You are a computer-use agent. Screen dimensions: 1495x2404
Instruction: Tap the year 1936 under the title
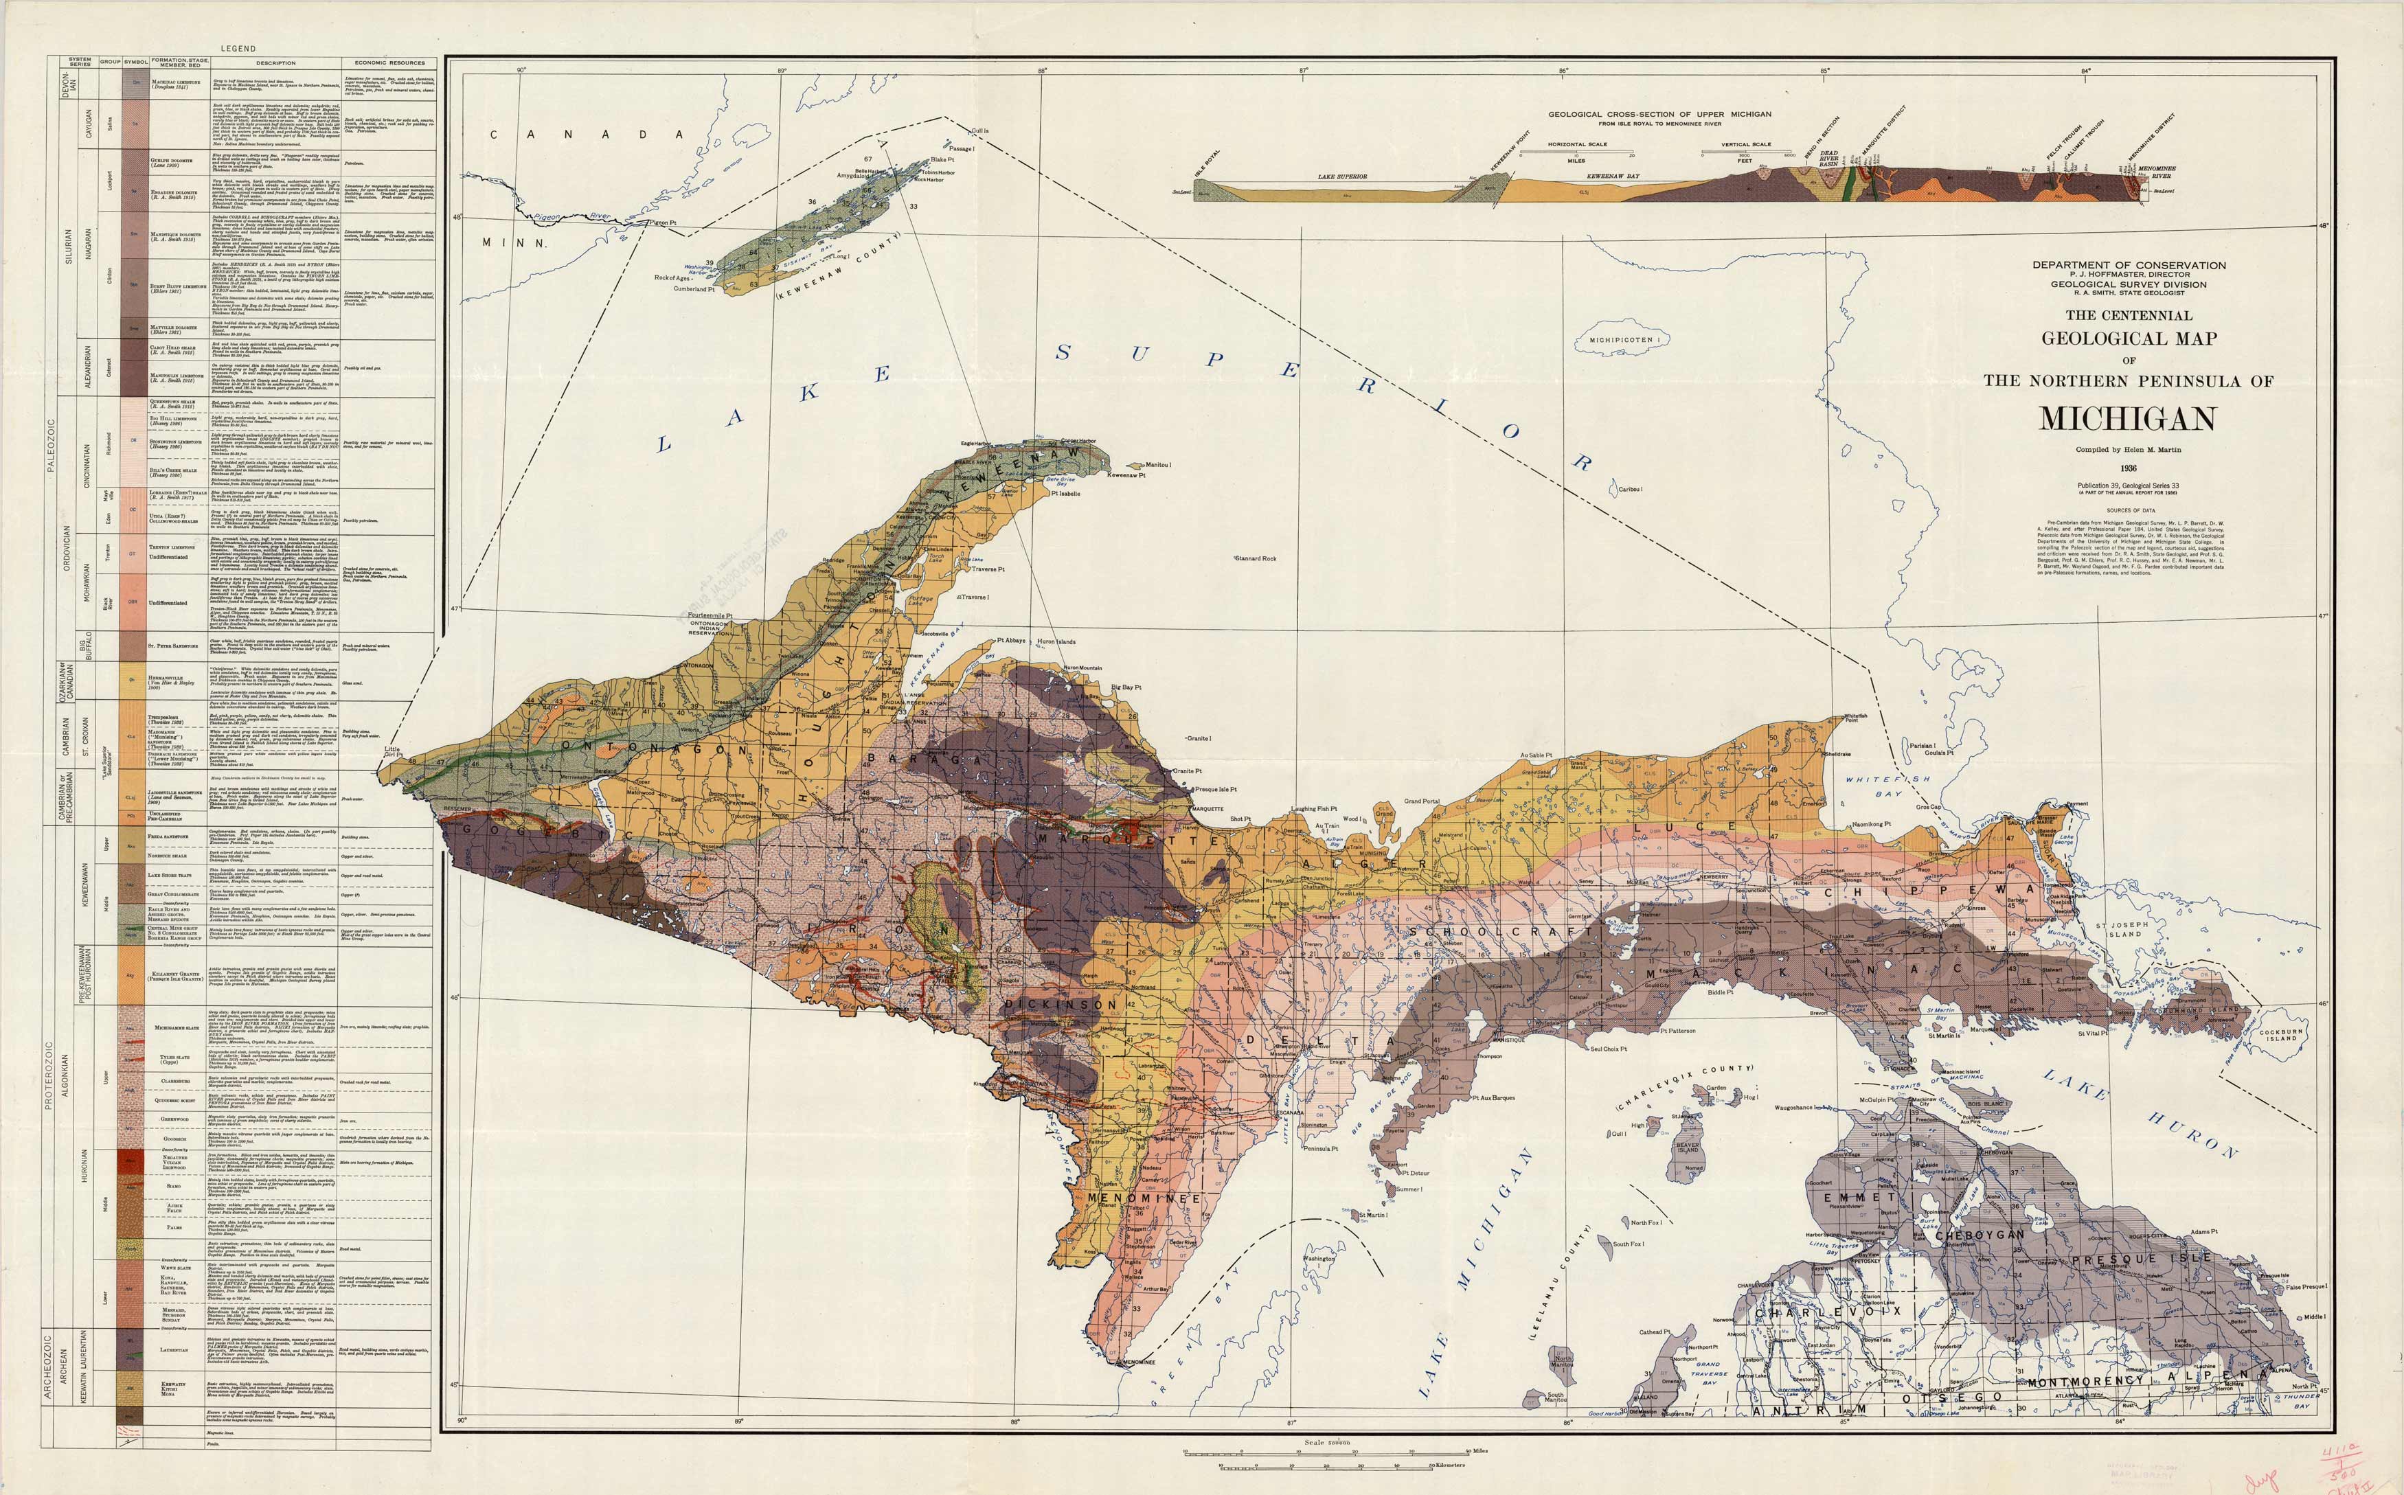tap(2127, 468)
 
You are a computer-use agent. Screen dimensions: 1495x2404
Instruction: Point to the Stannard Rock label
tap(1255, 558)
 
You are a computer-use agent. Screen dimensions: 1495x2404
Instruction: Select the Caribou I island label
tap(1630, 488)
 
